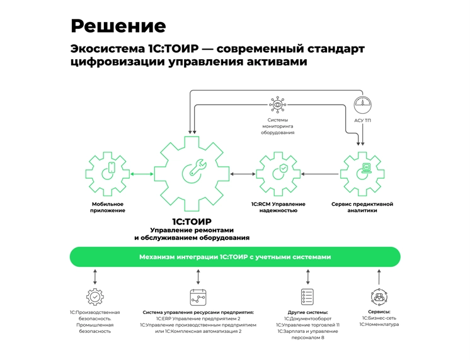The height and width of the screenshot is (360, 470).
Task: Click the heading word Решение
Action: (x=118, y=26)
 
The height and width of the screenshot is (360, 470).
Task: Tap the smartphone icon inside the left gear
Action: (x=111, y=168)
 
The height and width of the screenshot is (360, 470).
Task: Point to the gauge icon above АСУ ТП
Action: (x=360, y=103)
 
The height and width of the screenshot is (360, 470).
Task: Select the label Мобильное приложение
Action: (x=108, y=207)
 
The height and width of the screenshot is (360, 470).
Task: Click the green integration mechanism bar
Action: (x=234, y=257)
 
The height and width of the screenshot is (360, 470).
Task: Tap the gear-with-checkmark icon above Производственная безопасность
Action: (x=95, y=296)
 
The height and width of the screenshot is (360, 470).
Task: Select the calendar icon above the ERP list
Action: (x=198, y=296)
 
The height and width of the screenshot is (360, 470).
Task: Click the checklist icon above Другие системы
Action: (x=307, y=296)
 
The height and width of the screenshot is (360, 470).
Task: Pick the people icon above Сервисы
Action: (x=379, y=296)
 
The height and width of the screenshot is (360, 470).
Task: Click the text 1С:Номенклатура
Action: (x=379, y=325)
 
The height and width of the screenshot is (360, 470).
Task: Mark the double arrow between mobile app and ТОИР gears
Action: (x=142, y=174)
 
